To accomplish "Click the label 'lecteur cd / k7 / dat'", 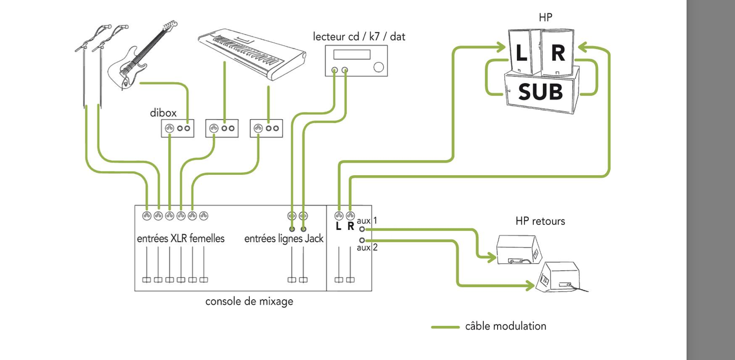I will pyautogui.click(x=359, y=37).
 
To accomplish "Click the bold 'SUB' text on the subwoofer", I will pyautogui.click(x=539, y=91).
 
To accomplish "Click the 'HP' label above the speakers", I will pyautogui.click(x=546, y=17).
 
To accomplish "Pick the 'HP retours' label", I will pyautogui.click(x=540, y=222).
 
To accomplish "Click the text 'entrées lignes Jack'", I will pyautogui.click(x=283, y=239).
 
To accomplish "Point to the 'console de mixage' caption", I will pyautogui.click(x=249, y=302).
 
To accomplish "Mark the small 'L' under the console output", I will pyautogui.click(x=339, y=227).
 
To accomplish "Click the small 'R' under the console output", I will pyautogui.click(x=351, y=227).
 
